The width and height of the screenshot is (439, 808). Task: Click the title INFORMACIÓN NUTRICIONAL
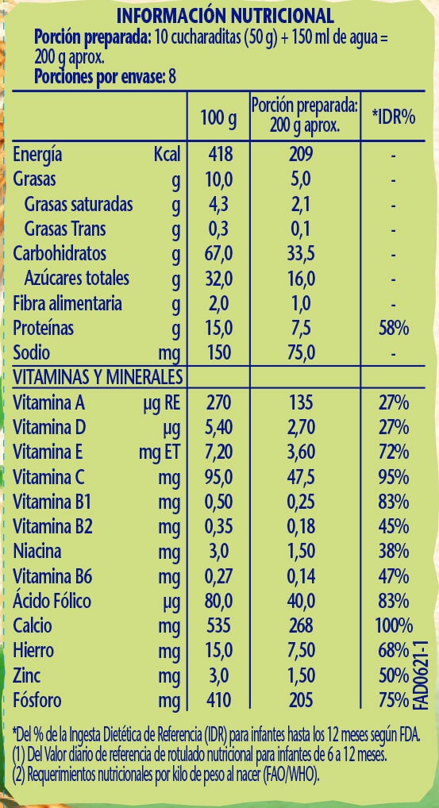click(x=225, y=16)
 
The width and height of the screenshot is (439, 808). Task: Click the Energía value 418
click(x=218, y=154)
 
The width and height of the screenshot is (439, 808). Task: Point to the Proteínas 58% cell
click(x=393, y=329)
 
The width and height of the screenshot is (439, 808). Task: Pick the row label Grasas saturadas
click(x=79, y=204)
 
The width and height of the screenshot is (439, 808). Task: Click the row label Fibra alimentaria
click(x=67, y=303)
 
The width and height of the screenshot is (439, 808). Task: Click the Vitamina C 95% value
click(x=393, y=477)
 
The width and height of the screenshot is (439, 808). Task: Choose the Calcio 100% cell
click(x=394, y=626)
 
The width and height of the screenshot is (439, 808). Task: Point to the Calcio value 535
click(x=218, y=626)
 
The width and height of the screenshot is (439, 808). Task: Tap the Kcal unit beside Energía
click(x=168, y=154)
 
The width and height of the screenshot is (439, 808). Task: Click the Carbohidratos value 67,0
click(x=218, y=254)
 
